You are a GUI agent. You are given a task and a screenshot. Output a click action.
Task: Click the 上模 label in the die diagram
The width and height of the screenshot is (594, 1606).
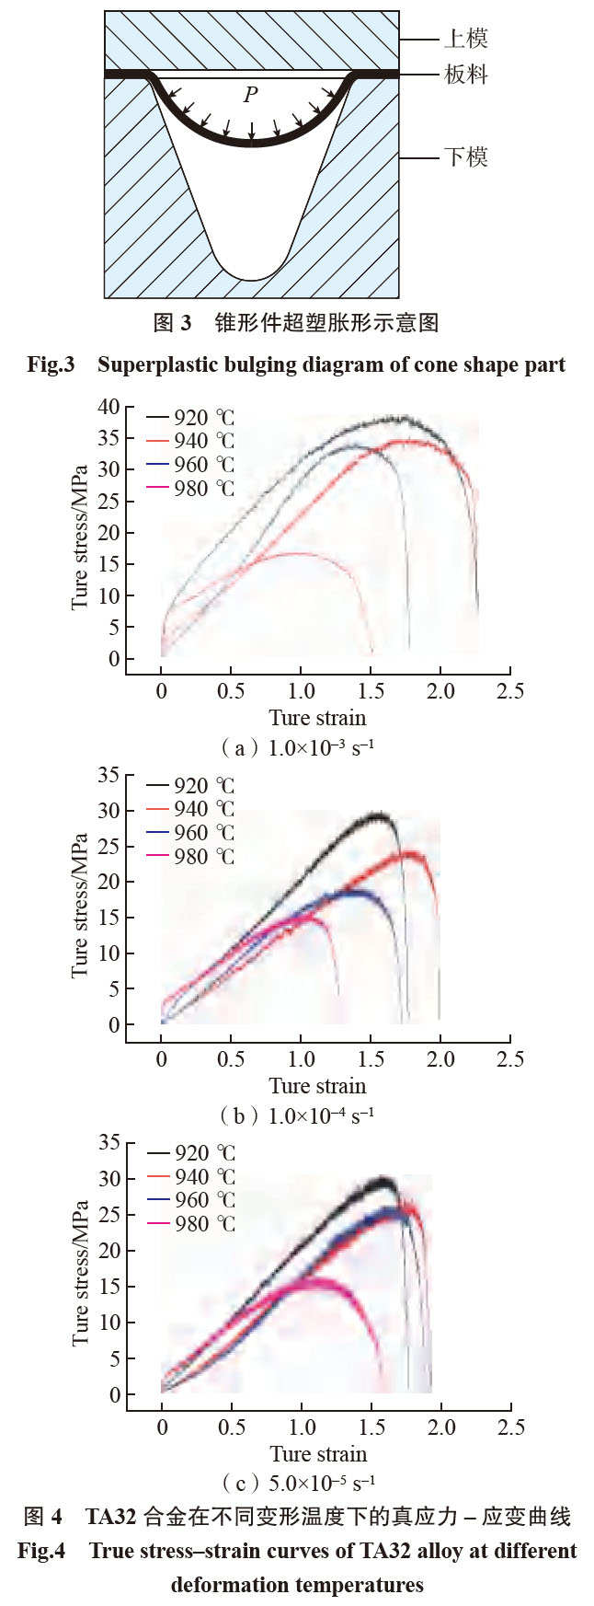tap(465, 39)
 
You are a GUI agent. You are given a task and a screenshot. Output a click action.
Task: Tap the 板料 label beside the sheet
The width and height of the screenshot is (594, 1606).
tap(465, 75)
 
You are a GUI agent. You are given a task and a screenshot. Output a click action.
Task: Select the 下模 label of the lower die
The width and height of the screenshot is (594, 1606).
tap(465, 157)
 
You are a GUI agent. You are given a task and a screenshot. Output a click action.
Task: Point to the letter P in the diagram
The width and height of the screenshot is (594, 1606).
tap(250, 95)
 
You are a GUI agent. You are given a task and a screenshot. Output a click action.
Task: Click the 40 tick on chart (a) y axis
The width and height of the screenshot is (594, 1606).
tap(110, 407)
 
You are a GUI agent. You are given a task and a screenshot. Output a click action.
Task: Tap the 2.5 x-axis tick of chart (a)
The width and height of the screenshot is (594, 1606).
tap(511, 691)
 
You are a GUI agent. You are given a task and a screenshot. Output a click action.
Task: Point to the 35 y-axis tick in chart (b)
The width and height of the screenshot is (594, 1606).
tap(110, 775)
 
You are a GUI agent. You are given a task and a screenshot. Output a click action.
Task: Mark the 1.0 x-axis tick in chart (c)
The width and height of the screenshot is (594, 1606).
tap(302, 1427)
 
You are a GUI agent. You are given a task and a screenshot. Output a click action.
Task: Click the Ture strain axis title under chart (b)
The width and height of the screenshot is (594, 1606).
tap(317, 1086)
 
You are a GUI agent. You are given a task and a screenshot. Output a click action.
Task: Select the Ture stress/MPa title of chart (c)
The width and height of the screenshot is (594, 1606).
tap(82, 1273)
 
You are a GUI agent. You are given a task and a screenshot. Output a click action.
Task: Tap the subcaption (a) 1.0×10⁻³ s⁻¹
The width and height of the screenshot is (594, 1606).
tap(297, 747)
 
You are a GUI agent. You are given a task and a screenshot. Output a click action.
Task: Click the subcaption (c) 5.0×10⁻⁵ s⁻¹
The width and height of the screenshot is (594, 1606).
tap(297, 1483)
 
